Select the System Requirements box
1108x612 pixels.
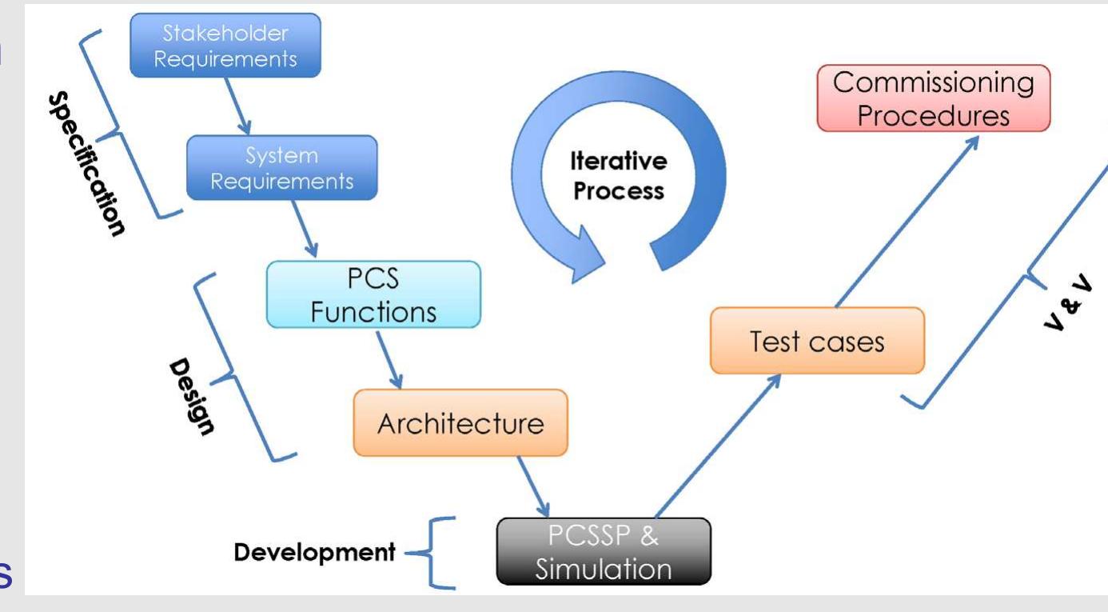[281, 167]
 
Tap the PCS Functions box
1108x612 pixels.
[373, 294]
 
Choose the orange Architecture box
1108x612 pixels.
[460, 423]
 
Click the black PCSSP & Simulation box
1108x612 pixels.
[603, 552]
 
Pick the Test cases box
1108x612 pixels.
[816, 341]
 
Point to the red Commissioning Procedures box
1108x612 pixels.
[933, 98]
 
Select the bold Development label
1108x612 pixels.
[314, 552]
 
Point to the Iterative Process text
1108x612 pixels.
[617, 177]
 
